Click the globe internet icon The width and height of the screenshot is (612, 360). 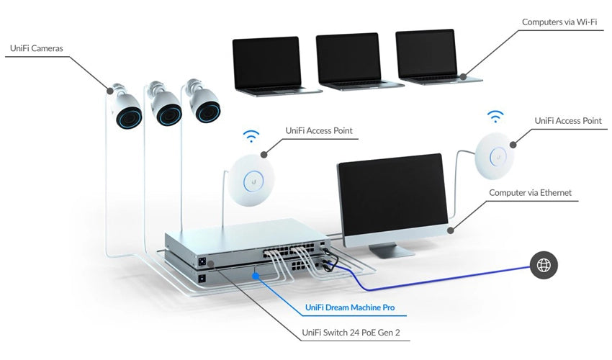544,265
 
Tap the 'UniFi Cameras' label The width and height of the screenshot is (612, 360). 36,48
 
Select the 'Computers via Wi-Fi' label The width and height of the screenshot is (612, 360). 559,22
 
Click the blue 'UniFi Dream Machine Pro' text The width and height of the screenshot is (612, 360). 350,307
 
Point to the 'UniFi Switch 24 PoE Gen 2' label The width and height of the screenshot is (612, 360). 351,333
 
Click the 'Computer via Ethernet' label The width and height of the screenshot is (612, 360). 530,192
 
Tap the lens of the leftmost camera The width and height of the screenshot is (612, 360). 128,117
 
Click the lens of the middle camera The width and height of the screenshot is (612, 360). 168,114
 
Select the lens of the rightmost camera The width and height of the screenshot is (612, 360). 208,111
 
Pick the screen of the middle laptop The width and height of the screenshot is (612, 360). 348,58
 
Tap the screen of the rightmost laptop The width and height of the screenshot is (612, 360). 427,54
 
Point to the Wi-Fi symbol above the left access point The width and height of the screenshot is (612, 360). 251,136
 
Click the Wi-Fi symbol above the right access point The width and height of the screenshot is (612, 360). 495,117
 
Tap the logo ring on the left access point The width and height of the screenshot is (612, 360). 253,182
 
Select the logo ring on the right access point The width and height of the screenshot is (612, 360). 498,157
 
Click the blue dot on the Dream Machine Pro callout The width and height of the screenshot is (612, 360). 256,276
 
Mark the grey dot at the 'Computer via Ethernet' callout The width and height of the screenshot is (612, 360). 451,230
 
